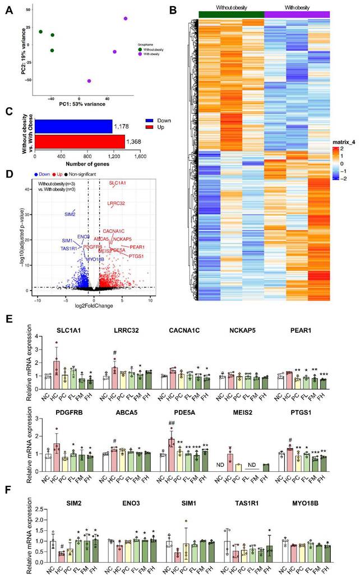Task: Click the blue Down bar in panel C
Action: [x=73, y=127]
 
